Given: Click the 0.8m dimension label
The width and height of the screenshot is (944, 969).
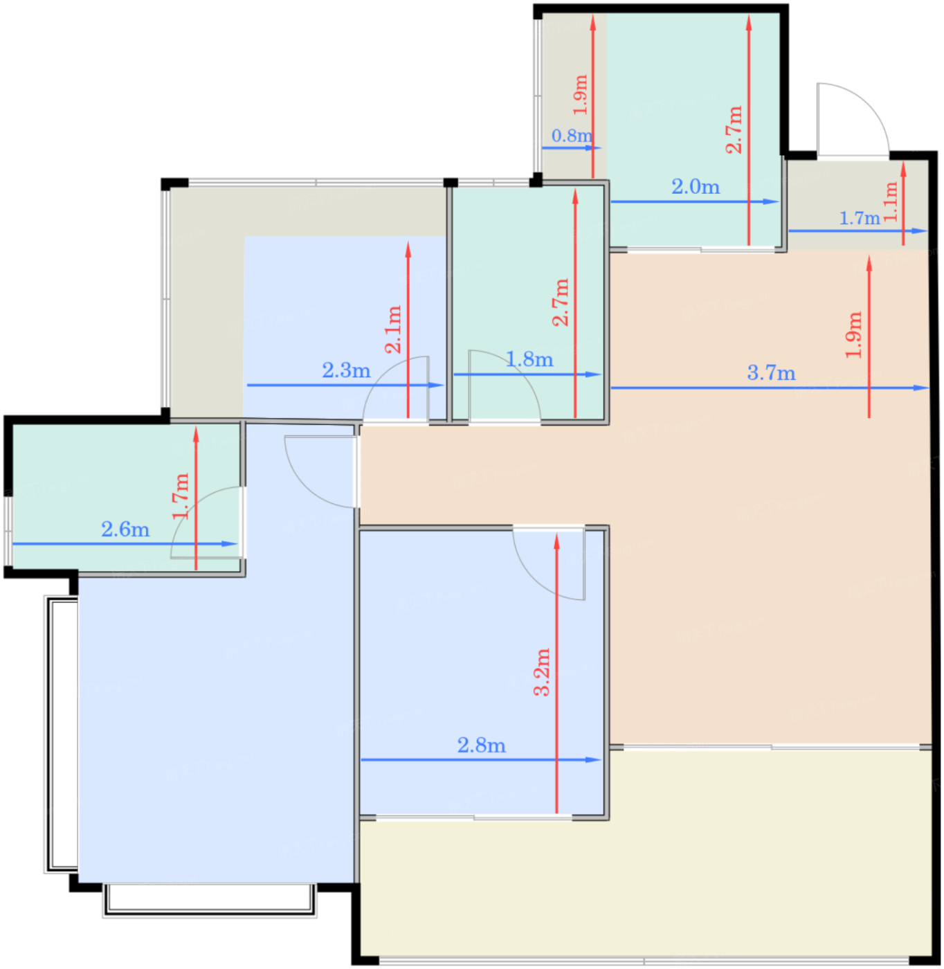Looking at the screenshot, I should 572,136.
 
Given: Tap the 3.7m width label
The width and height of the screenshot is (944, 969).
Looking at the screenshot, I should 771,373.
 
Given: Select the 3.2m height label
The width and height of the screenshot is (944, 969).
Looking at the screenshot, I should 542,671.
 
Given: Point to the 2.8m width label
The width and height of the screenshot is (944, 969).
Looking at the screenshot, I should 482,745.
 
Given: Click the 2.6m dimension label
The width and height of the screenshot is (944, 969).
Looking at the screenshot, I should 125,529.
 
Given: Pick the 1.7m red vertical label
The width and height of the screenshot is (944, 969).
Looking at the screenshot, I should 181,496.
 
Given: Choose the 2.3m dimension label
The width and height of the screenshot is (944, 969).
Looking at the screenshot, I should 346,370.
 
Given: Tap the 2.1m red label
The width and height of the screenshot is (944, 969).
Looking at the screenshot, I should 393,329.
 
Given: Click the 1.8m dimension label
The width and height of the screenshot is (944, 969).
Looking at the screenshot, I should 529,360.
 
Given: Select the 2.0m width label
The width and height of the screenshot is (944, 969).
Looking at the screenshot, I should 696,187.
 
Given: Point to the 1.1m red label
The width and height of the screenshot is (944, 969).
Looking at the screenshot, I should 891,201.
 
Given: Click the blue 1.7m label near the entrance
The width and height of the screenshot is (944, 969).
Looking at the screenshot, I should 860,219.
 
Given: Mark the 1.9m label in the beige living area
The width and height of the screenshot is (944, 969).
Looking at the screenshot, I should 854,335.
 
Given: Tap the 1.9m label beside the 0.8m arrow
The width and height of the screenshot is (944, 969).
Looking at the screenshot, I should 581,95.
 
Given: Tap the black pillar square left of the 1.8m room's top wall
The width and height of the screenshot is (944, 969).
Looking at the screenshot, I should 451,183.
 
